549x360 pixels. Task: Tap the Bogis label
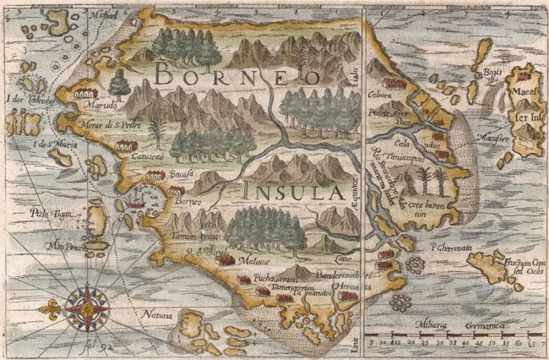click(492, 73)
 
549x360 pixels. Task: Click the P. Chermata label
click(446, 248)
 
